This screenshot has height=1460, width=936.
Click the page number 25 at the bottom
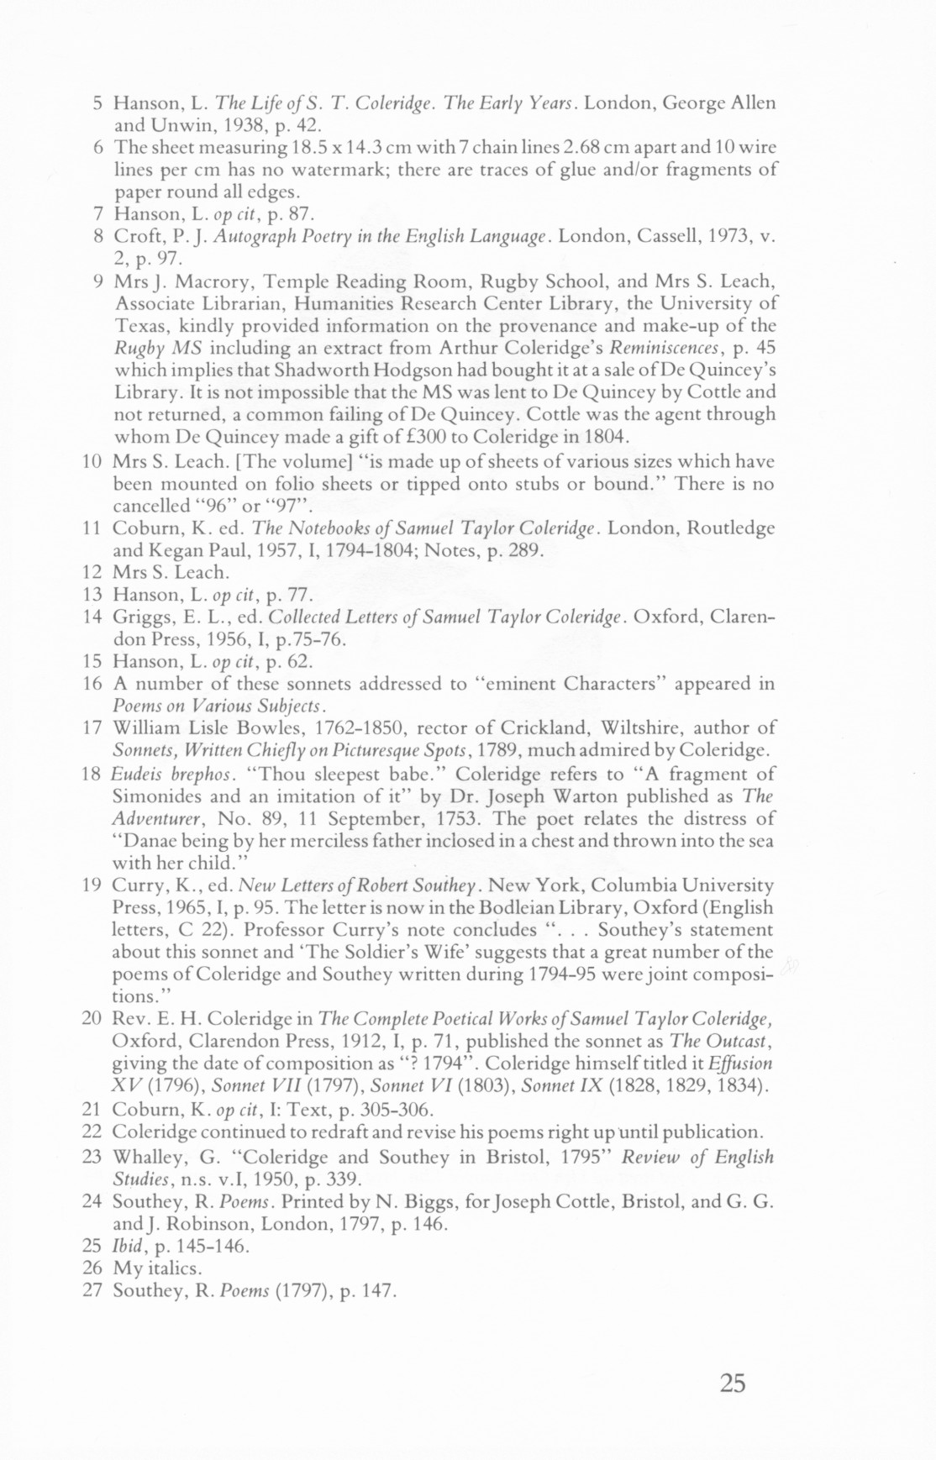coord(732,1383)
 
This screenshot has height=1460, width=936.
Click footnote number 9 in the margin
coord(97,281)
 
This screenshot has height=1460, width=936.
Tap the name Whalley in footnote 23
coord(145,1157)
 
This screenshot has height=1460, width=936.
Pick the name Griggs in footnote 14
coord(144,617)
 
